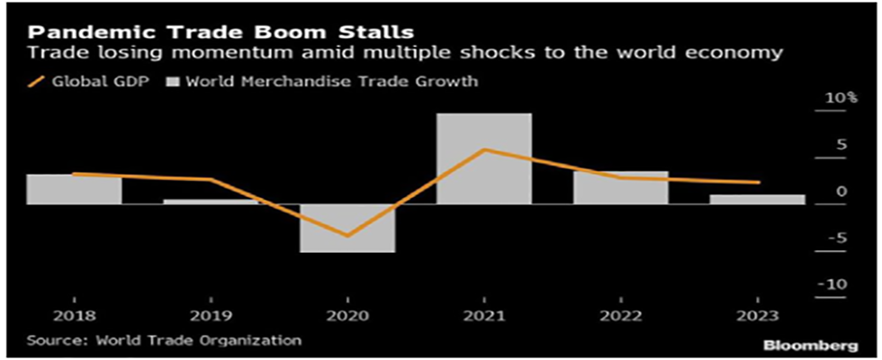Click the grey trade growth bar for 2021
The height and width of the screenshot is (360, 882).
484,158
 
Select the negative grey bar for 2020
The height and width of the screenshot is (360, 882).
347,228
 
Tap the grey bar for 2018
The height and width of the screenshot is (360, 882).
74,189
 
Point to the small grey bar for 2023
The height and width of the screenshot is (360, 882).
758,199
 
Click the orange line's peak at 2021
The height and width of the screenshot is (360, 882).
484,149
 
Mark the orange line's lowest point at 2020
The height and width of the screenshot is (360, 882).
347,236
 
